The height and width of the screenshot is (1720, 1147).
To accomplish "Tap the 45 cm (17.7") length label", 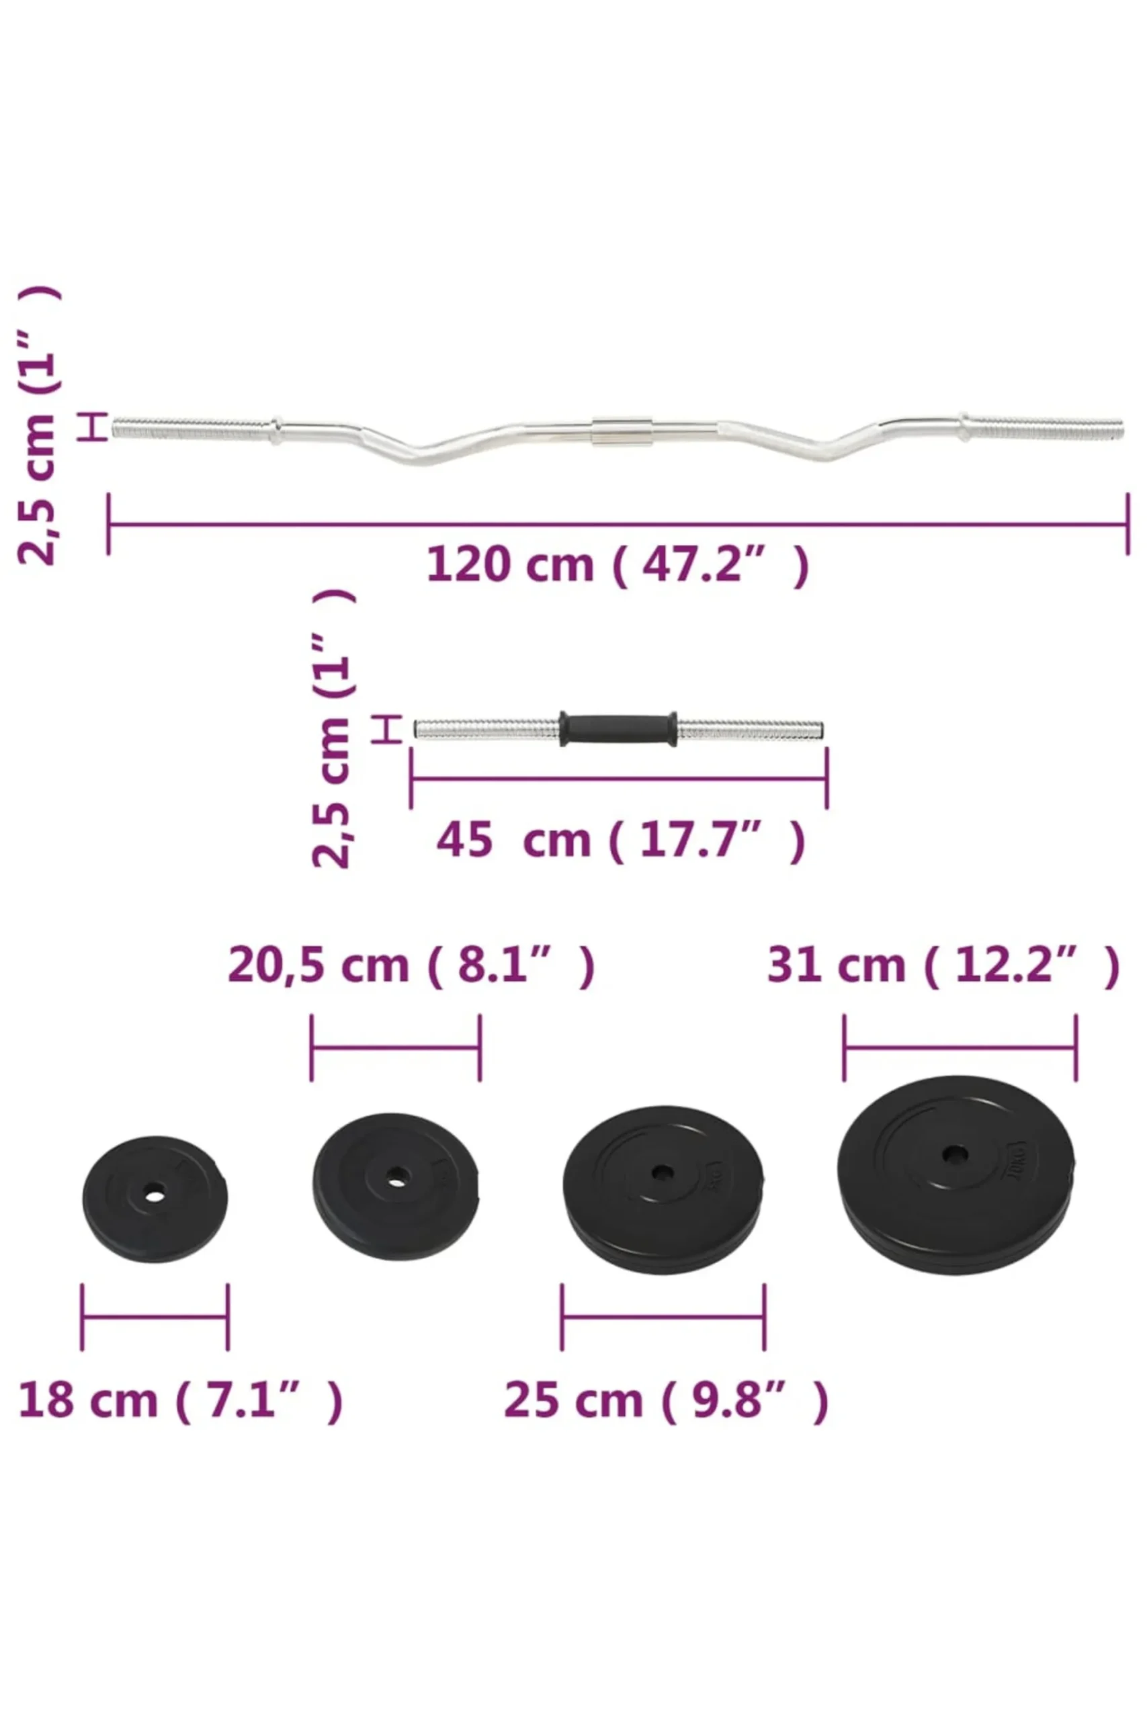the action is pyautogui.click(x=620, y=841).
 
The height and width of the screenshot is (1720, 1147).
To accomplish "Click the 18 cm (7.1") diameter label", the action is pyautogui.click(x=180, y=1400).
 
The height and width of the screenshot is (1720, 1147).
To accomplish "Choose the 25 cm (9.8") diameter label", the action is pyautogui.click(x=667, y=1400).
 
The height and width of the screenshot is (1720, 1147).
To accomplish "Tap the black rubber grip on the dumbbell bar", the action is pyautogui.click(x=618, y=728).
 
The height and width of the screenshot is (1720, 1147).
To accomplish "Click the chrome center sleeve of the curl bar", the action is pyautogui.click(x=622, y=431).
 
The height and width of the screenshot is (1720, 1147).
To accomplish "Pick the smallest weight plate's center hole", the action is pyautogui.click(x=155, y=1197).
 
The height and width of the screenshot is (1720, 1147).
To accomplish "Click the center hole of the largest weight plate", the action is pyautogui.click(x=955, y=1156).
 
